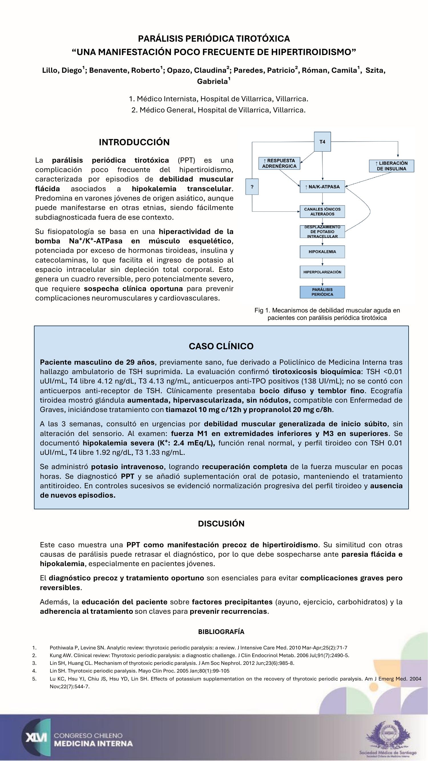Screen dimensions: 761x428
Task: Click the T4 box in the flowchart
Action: [322, 142]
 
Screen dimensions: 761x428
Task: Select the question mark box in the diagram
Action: [252, 187]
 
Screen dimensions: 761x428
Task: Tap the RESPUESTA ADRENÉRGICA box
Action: [279, 163]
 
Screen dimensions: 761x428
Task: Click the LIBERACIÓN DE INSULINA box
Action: [391, 166]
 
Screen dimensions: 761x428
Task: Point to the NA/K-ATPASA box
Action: [322, 187]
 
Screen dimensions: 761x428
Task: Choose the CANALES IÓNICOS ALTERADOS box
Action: [322, 211]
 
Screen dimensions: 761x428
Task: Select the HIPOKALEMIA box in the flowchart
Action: [322, 252]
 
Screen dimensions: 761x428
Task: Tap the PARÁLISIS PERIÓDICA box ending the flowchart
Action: [322, 292]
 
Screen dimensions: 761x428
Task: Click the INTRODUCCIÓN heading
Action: [134, 142]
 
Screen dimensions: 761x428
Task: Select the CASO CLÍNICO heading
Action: [221, 346]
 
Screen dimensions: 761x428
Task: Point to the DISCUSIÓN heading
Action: [221, 524]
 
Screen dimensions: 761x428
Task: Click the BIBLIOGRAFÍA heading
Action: [221, 632]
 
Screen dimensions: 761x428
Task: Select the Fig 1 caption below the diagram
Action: [327, 314]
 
